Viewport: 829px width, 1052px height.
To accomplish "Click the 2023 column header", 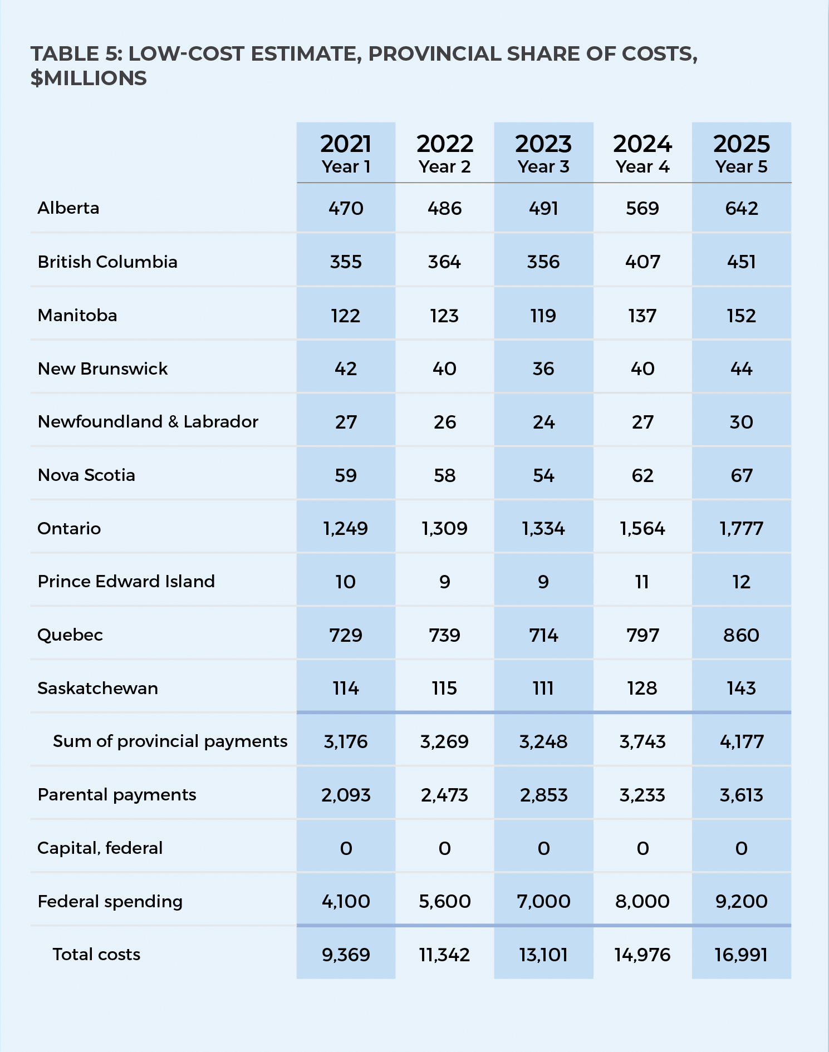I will tap(543, 144).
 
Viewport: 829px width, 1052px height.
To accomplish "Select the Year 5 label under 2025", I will tap(742, 167).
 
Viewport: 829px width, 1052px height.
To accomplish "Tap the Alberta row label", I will tap(68, 208).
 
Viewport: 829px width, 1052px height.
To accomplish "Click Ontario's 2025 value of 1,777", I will tap(742, 528).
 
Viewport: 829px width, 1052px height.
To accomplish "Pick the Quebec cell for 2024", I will tap(642, 635).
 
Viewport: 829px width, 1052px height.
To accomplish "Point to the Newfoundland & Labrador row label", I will tap(148, 422).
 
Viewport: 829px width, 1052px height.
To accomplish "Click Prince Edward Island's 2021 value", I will tap(346, 582).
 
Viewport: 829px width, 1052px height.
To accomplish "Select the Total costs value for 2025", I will tap(742, 955).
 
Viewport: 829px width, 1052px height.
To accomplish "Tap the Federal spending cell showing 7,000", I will tap(543, 902).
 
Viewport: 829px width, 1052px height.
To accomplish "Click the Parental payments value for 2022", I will tap(444, 795).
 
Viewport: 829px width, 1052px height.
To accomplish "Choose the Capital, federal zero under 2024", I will tap(642, 848).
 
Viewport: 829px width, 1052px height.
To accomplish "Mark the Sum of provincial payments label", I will tap(170, 741).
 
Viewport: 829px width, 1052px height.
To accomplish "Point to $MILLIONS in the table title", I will tap(89, 78).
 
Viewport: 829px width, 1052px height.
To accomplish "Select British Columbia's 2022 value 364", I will tap(444, 262).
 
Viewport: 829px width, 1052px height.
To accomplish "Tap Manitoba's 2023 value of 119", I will tap(543, 316).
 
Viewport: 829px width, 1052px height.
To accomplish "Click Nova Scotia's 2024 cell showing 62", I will tap(642, 475).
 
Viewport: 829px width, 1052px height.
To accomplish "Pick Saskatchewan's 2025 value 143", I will tap(742, 689).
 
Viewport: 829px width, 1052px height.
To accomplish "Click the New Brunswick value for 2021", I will tap(346, 368).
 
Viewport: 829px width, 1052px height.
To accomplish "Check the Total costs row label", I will tap(96, 955).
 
